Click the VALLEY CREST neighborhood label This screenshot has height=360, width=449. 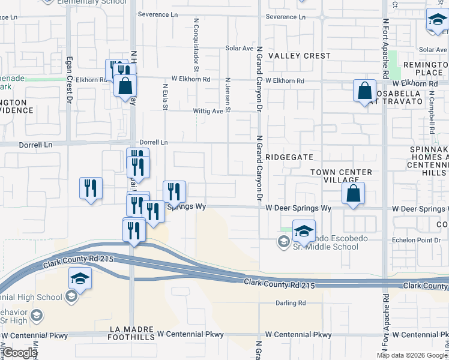coord(299,56)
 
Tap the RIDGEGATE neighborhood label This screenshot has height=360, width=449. coord(291,156)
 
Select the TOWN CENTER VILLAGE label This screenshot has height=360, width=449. coord(341,176)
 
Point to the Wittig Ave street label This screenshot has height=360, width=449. coord(208,111)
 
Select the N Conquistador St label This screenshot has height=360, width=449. coord(196,41)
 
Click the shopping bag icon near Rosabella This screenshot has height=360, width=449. coord(364,92)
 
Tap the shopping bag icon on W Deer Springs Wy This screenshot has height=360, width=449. coord(353,194)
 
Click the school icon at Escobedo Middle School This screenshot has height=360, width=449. coord(304,231)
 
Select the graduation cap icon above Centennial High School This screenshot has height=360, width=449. coord(80,279)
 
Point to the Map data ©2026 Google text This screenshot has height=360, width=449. coord(412,355)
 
